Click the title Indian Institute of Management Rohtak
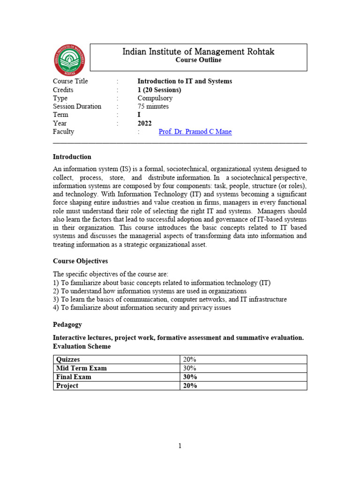(198, 52)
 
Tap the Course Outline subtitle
(198, 60)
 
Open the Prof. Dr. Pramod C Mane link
(195, 132)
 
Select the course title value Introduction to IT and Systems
(184, 81)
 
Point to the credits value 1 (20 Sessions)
(159, 90)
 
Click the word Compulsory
(155, 98)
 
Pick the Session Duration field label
(77, 106)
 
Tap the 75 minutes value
(154, 106)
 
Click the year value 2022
(145, 123)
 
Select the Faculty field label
(63, 132)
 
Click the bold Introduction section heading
(72, 157)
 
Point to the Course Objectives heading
(80, 261)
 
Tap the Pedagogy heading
(67, 324)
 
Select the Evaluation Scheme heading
(82, 346)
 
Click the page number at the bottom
(180, 446)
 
